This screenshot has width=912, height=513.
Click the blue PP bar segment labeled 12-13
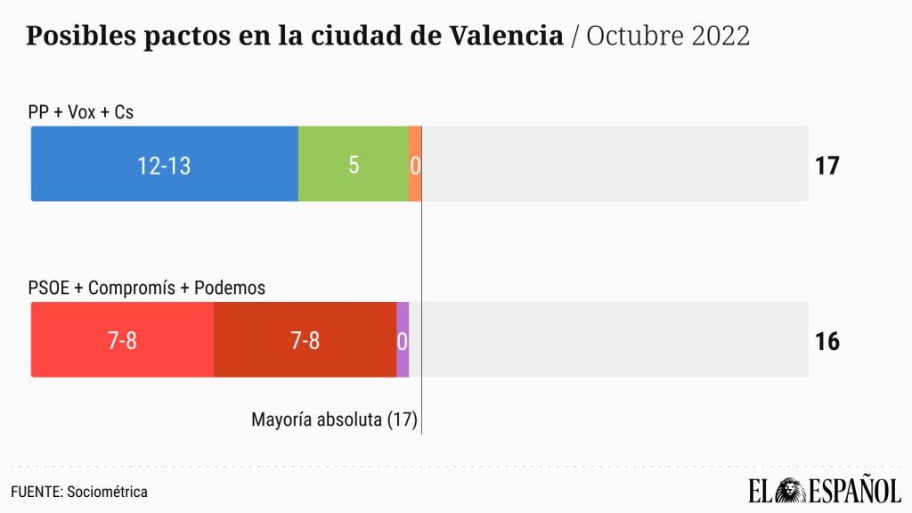coord(165,165)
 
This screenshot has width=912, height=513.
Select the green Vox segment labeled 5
coord(354,165)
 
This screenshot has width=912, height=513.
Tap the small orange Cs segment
coord(415,165)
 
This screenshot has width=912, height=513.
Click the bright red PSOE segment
coord(123,340)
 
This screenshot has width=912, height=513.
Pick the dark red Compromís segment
coord(305,340)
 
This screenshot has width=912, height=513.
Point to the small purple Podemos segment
coord(403,340)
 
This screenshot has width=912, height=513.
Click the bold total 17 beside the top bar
coord(827,166)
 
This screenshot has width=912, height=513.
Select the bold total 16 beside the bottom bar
coord(827,341)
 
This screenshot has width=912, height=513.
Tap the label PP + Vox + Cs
coord(81,111)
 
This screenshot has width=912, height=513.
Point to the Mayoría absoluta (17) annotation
coord(334,419)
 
